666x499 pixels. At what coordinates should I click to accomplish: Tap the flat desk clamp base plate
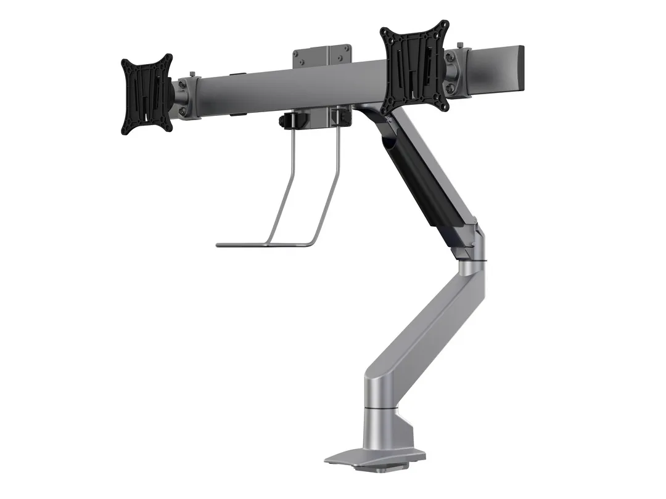(x=370, y=457)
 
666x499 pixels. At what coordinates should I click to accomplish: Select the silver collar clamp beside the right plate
(x=457, y=73)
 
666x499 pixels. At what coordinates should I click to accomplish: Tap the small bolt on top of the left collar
(x=192, y=75)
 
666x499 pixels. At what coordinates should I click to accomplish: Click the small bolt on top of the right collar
(x=460, y=45)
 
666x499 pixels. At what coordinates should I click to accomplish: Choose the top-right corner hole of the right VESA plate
(x=444, y=25)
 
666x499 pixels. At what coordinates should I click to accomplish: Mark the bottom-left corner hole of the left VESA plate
(x=126, y=129)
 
